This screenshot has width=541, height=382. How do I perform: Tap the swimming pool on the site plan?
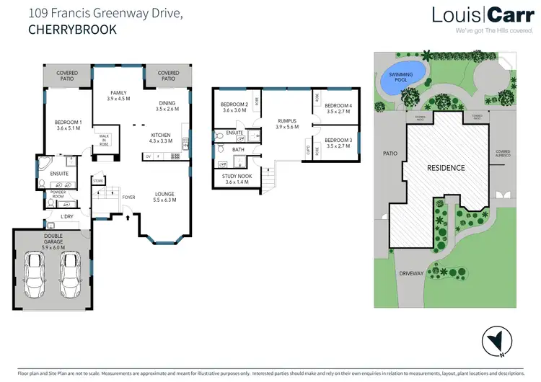[x=401, y=81]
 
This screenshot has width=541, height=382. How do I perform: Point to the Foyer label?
[x=128, y=197]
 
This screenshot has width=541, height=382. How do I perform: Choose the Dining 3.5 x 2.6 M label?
[x=167, y=106]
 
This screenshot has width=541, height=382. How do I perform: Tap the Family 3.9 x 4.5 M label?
[x=118, y=96]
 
